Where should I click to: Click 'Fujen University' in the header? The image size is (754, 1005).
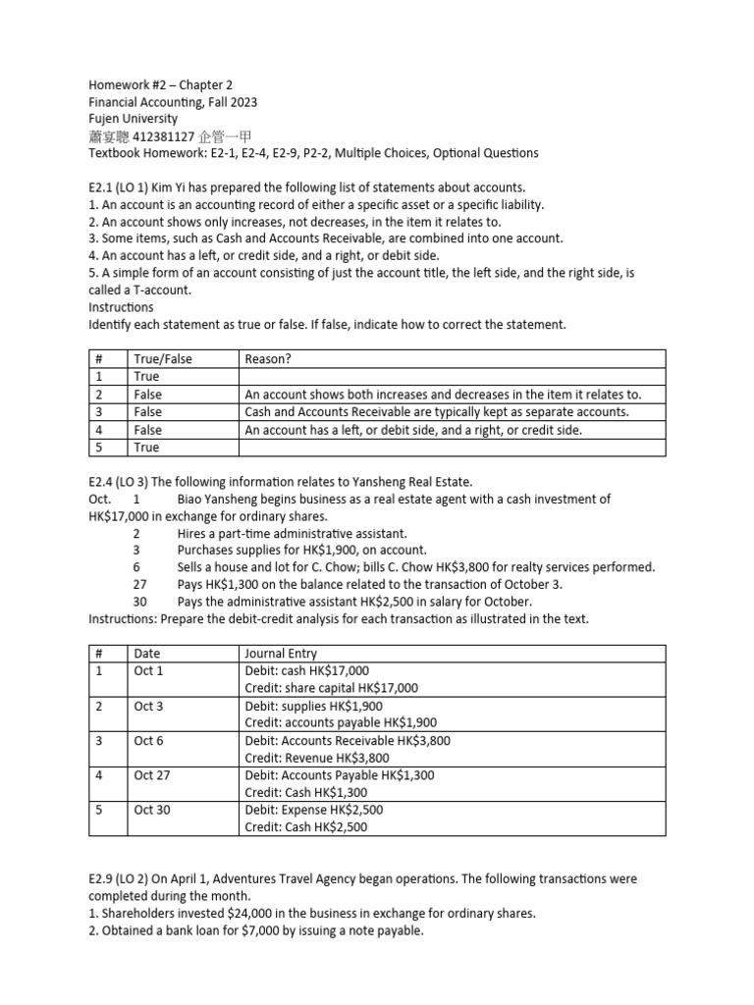[x=133, y=119]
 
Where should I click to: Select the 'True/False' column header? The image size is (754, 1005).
[x=163, y=359]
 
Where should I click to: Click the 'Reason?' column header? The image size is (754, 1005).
[x=268, y=359]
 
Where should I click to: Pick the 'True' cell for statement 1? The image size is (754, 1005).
[x=146, y=377]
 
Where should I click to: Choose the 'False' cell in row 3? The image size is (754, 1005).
[x=148, y=412]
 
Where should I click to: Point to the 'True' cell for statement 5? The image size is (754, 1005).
[x=146, y=448]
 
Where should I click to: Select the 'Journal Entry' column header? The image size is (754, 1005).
[x=281, y=653]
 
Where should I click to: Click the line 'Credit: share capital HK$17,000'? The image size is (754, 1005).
[x=331, y=688]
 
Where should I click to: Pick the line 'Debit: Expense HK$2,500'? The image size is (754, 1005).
[x=314, y=811]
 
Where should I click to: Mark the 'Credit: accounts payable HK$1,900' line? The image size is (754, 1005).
[x=339, y=723]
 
